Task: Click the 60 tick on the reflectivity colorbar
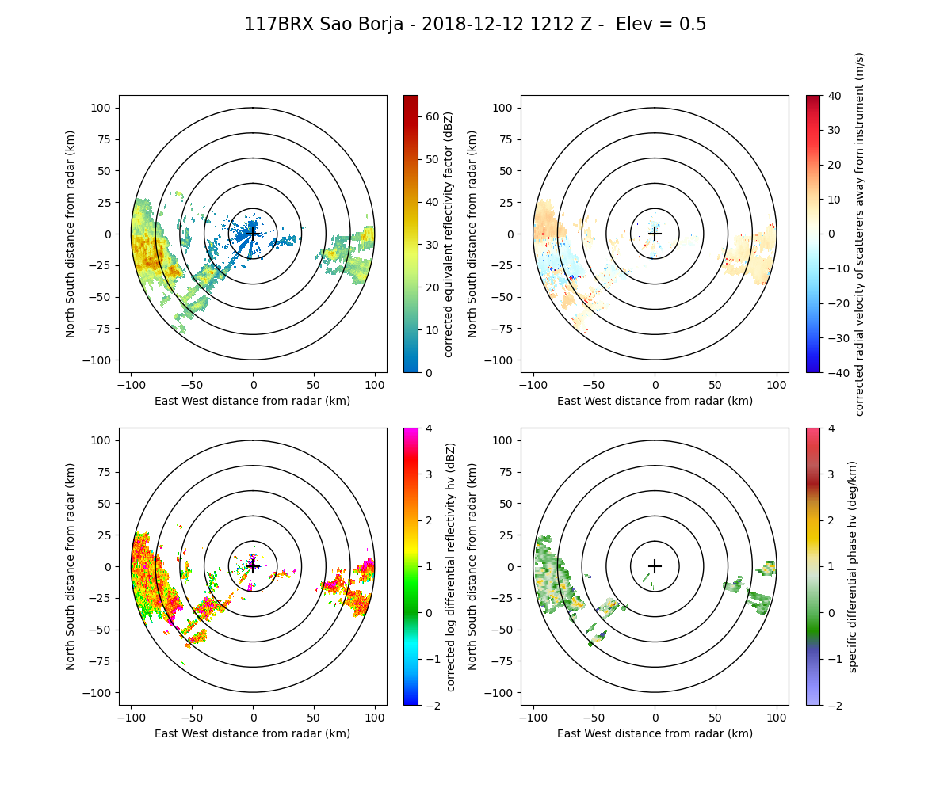click(x=428, y=116)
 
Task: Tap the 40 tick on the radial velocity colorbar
click(x=831, y=95)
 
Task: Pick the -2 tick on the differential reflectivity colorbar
click(x=429, y=705)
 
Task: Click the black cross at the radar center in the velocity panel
click(x=655, y=234)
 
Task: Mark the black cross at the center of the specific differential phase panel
click(x=655, y=566)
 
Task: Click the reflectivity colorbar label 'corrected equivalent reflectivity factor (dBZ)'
click(x=449, y=234)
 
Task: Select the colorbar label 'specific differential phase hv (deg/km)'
click(x=854, y=566)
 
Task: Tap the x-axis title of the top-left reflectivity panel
click(x=253, y=401)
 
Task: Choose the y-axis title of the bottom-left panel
click(x=71, y=566)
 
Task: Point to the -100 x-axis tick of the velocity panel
click(x=533, y=385)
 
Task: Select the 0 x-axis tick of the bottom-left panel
click(x=253, y=718)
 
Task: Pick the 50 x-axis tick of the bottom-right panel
click(x=716, y=718)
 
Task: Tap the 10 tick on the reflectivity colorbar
click(x=428, y=329)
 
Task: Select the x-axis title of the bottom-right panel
click(x=655, y=733)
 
